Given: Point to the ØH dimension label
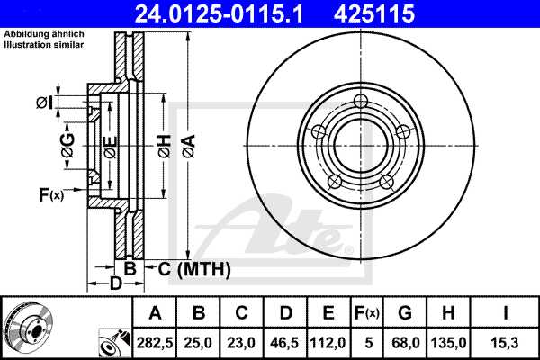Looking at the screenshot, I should click(163, 144).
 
